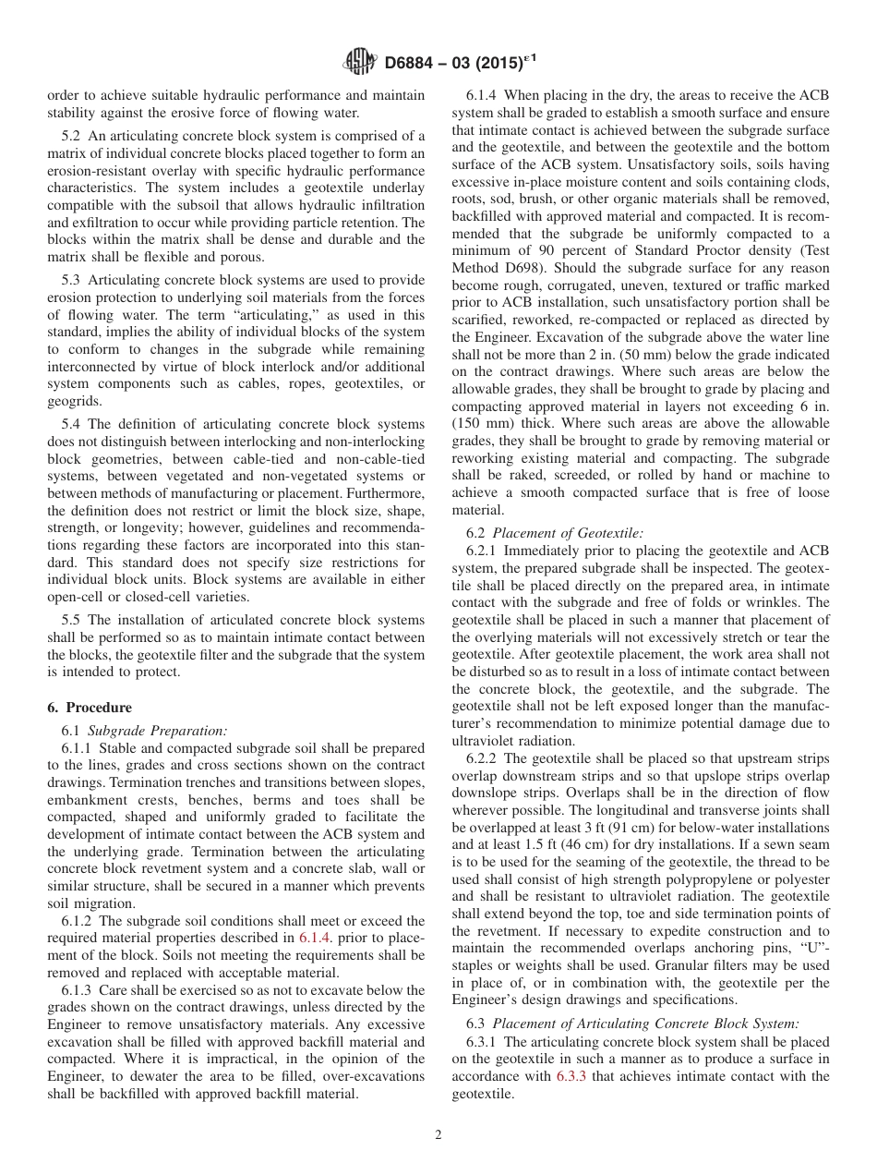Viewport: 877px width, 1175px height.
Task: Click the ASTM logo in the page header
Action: point(358,63)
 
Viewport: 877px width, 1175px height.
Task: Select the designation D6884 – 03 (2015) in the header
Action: point(459,63)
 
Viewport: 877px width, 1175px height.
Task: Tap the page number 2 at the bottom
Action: point(438,1134)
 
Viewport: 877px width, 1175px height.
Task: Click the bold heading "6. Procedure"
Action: point(90,707)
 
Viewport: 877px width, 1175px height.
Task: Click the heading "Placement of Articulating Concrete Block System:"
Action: point(645,1023)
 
